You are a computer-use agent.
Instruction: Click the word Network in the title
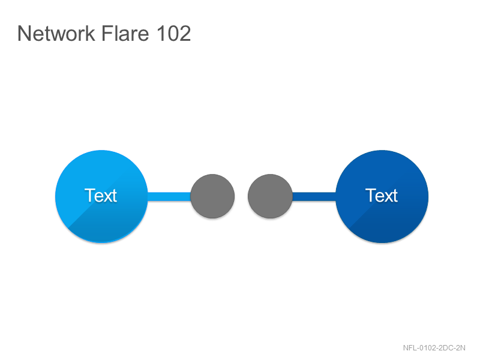pos(56,33)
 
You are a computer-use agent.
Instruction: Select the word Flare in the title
pos(125,33)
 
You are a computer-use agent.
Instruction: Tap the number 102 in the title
pos(173,33)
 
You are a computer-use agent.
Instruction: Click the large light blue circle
pos(101,196)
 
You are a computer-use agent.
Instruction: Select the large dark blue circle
pos(382,196)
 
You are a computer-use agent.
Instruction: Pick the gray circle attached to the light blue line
pos(212,196)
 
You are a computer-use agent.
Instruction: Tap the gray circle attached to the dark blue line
pos(270,196)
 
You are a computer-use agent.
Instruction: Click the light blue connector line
pos(169,196)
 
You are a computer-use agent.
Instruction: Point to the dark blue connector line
pos(314,196)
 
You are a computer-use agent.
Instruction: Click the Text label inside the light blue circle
pos(101,196)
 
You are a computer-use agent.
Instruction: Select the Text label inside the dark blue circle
pos(382,196)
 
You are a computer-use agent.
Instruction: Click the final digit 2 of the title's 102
pos(184,33)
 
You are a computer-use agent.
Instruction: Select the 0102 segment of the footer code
pos(427,348)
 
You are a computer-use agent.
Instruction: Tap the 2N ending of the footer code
pos(460,348)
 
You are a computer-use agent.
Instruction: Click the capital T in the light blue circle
pos(89,196)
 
